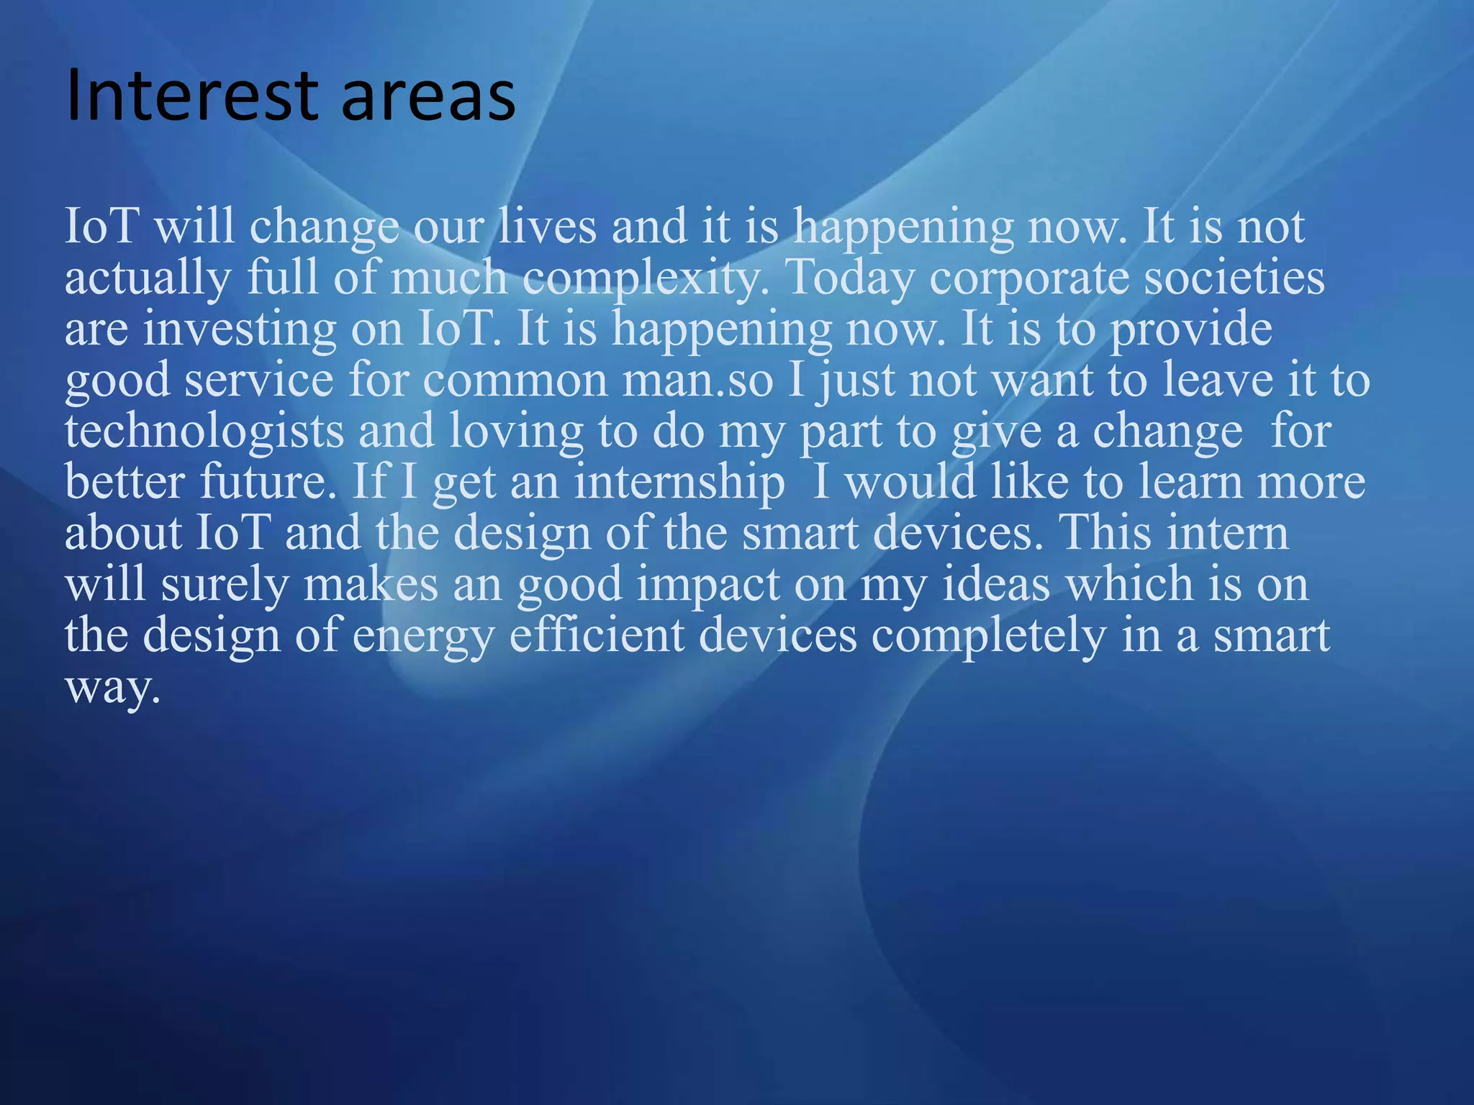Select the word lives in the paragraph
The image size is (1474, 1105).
[x=548, y=226]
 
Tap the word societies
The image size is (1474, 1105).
[x=1234, y=277]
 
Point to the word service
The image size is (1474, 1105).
[x=260, y=379]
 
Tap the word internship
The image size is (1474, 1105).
[x=679, y=483]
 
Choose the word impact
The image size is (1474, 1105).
[x=709, y=585]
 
